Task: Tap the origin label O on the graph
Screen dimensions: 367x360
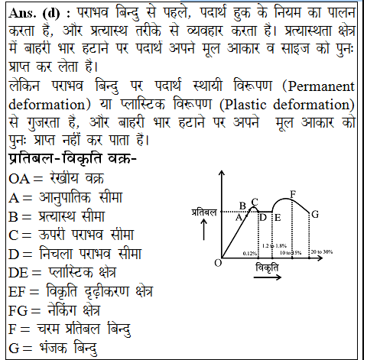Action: click(x=218, y=262)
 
